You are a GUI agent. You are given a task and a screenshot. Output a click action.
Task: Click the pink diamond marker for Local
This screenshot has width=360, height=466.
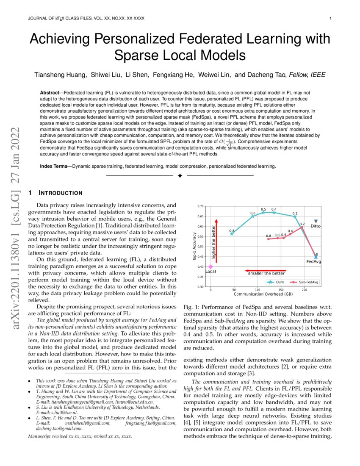(x=210, y=266)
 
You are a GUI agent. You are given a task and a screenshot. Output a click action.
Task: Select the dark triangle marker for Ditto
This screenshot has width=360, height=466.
(x=316, y=221)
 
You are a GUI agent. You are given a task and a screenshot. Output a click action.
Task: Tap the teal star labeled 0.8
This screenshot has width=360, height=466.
(x=232, y=234)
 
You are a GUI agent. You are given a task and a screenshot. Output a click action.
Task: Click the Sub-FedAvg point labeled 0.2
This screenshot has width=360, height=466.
(x=302, y=227)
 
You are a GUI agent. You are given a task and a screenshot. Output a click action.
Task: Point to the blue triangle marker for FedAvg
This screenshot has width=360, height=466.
(x=316, y=257)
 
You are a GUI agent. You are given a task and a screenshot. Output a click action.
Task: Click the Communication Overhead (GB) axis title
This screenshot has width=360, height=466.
(x=263, y=294)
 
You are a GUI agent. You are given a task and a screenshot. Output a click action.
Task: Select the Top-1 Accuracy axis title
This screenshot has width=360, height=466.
(x=194, y=247)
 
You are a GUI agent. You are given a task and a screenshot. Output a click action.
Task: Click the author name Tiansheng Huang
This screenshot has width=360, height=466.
(x=62, y=75)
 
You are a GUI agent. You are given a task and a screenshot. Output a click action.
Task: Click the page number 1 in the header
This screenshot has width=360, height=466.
(x=330, y=18)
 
